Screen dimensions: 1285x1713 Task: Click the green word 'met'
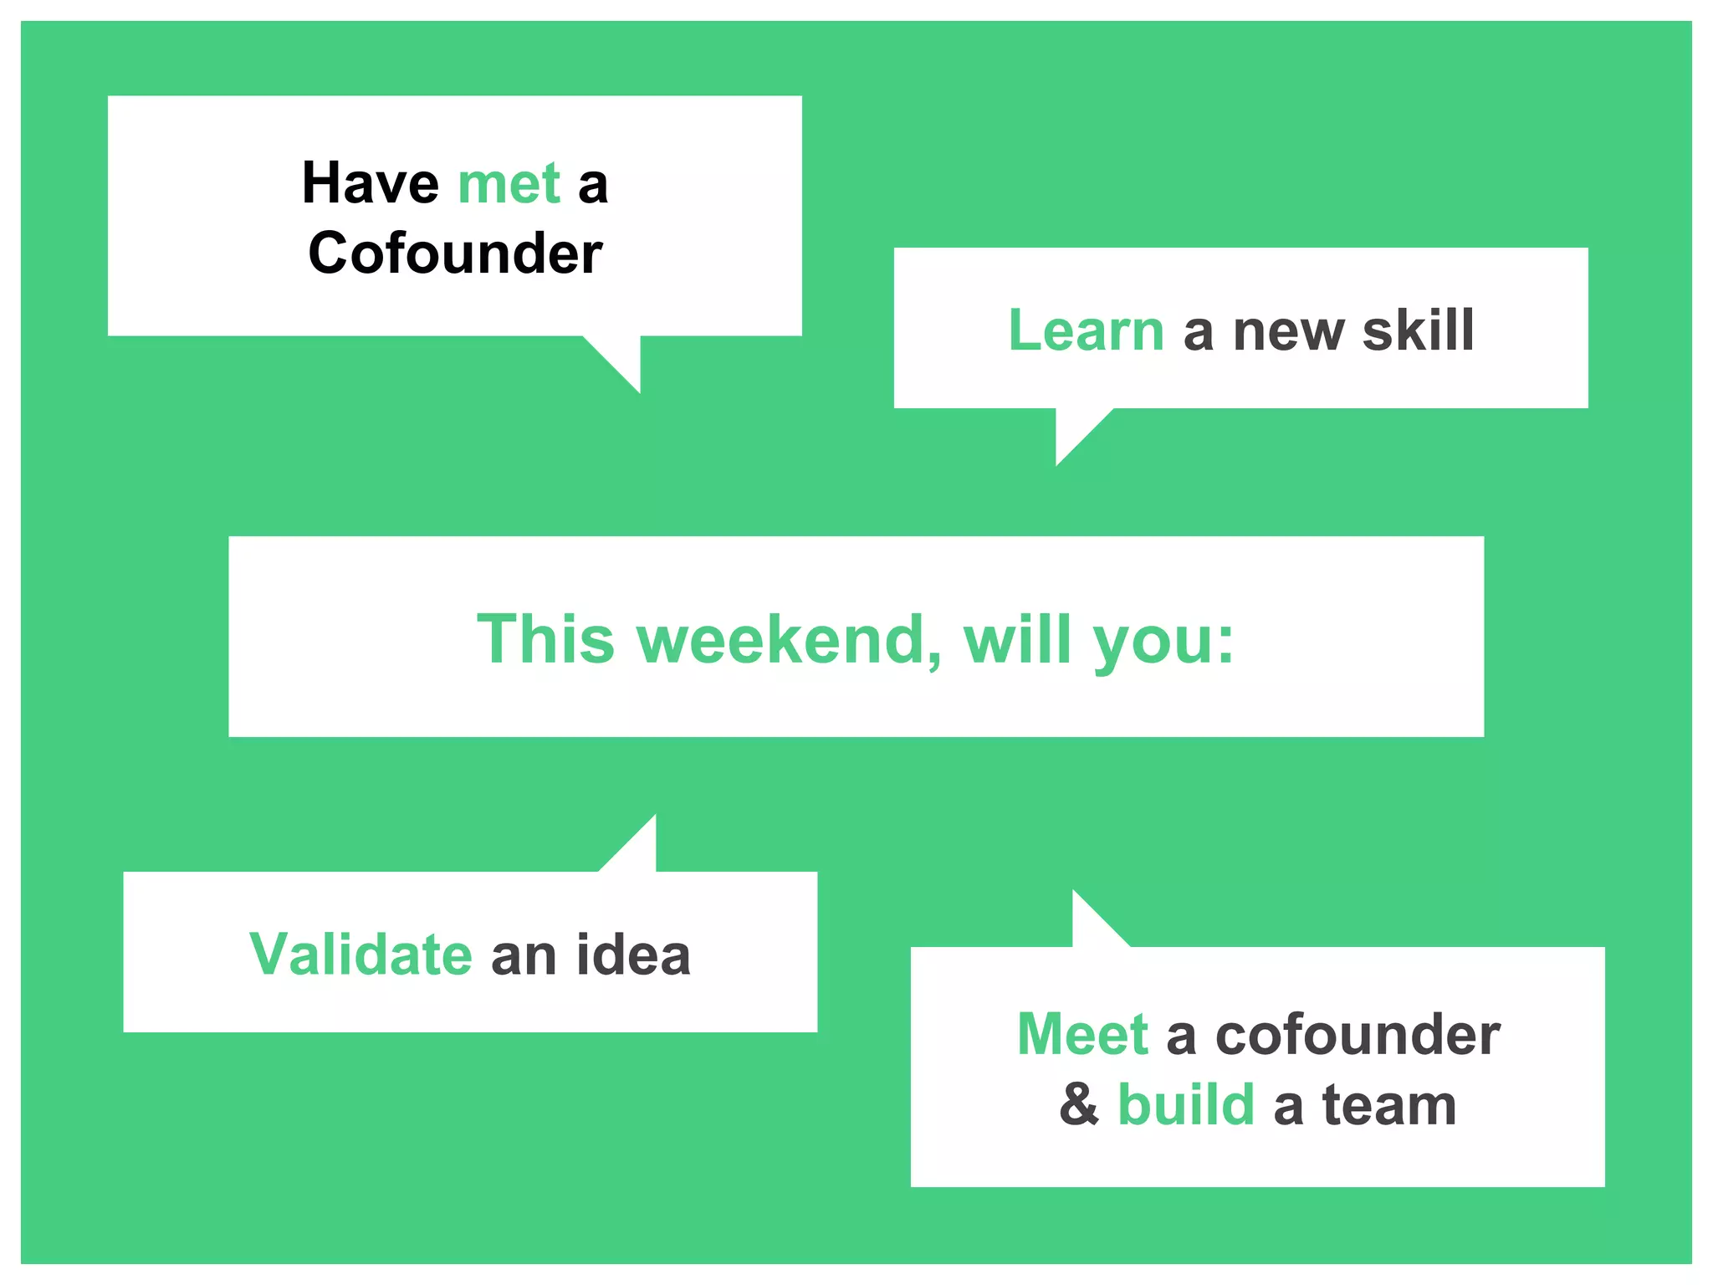point(509,183)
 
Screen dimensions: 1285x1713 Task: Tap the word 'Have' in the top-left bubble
point(370,183)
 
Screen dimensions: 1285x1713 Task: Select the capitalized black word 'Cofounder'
point(455,253)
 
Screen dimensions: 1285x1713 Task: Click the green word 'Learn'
point(1086,330)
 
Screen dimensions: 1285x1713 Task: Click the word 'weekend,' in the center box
point(789,640)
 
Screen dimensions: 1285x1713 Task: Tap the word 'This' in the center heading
point(545,640)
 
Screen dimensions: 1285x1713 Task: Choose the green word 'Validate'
point(360,955)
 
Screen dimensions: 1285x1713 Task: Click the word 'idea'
point(633,955)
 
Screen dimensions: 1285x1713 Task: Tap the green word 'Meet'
point(1082,1035)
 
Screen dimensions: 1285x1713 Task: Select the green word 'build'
point(1186,1104)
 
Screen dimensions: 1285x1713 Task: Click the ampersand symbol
point(1079,1104)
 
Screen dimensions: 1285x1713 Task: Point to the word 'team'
point(1389,1104)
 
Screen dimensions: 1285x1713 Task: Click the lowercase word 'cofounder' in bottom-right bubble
point(1358,1035)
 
